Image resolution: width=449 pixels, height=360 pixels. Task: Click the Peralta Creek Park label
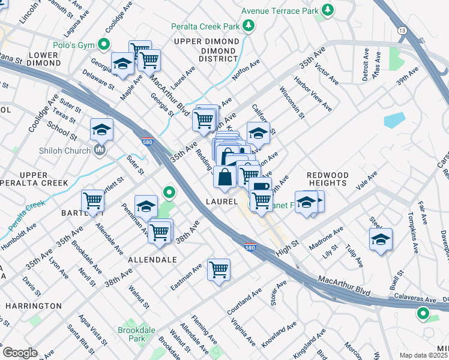205,26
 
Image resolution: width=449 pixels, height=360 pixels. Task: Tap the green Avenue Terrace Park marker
328,10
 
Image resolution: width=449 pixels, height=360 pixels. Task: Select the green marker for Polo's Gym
104,44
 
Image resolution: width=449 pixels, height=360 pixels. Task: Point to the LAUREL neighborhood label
221,202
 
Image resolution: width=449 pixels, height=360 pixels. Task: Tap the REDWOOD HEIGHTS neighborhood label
327,178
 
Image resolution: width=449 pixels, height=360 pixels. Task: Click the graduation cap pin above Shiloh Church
102,128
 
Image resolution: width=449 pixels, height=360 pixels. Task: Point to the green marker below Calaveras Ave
423,313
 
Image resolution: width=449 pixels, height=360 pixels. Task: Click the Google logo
20,353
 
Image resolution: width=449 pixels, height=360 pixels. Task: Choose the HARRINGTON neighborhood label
34,306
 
